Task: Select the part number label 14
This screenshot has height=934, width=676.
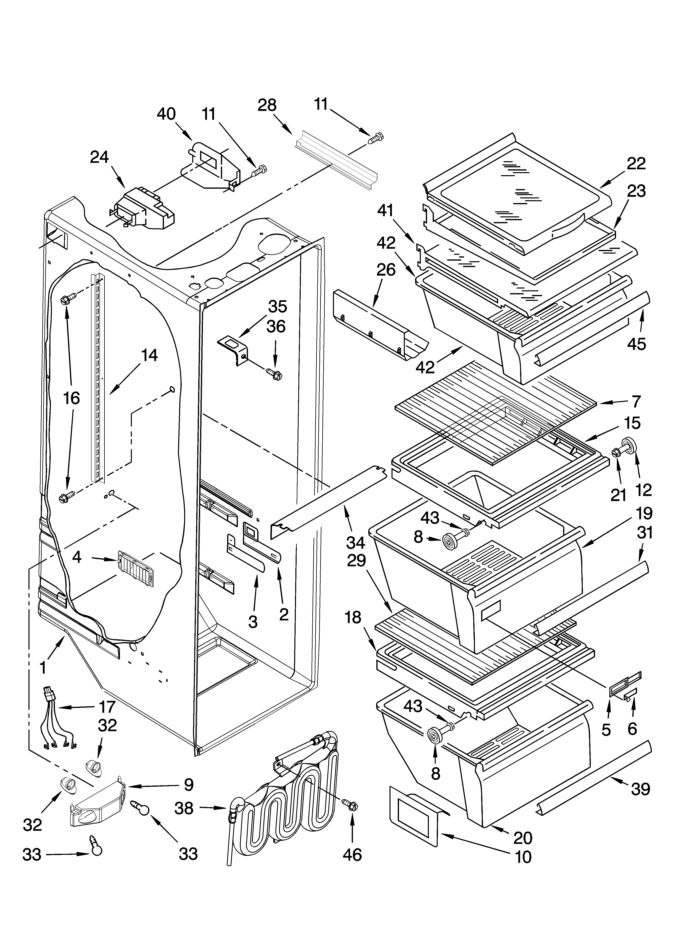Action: [149, 355]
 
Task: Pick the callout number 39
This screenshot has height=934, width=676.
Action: [640, 789]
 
